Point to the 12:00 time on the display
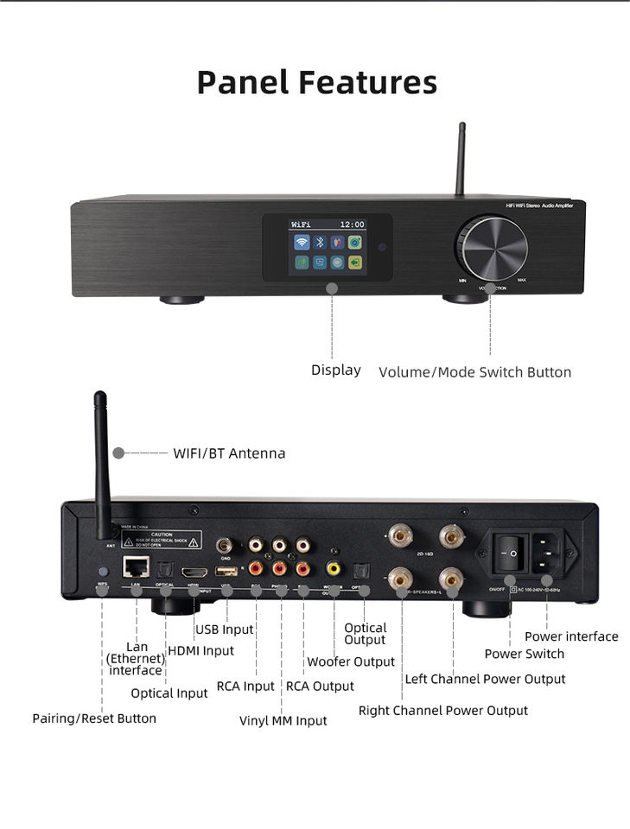tap(352, 225)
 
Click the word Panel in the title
tap(243, 83)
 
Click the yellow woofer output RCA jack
tap(334, 568)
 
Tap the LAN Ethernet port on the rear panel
tap(135, 567)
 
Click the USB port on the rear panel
tap(226, 571)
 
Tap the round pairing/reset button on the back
tap(103, 572)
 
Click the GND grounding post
tap(226, 545)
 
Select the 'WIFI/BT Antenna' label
tap(229, 453)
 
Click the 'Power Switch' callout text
tap(524, 654)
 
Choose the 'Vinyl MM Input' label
tap(283, 721)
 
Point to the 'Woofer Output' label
tap(351, 662)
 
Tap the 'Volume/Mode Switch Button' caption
tap(474, 373)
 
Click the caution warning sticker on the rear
tap(161, 541)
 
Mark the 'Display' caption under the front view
tap(336, 370)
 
